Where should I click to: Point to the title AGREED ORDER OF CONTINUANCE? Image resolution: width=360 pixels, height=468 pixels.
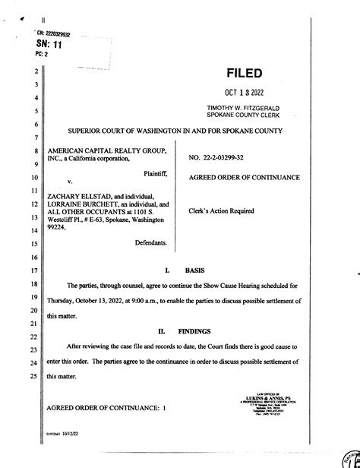(244, 178)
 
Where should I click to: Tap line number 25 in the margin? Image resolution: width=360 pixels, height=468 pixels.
(33, 375)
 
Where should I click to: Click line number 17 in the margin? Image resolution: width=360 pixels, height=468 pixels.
(33, 270)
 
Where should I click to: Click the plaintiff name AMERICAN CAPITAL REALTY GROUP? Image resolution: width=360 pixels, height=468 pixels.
(102, 150)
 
